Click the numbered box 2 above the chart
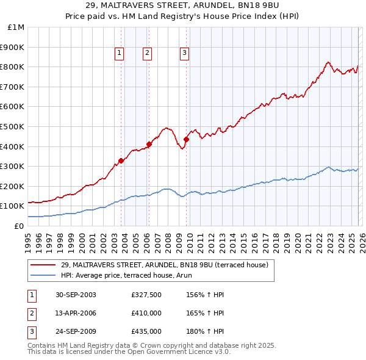(148, 54)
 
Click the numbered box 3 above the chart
(184, 54)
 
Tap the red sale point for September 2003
(121, 160)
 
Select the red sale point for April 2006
(149, 144)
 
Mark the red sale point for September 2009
(186, 139)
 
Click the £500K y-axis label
(13, 126)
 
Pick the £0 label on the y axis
(19, 226)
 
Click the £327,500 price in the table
(146, 295)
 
